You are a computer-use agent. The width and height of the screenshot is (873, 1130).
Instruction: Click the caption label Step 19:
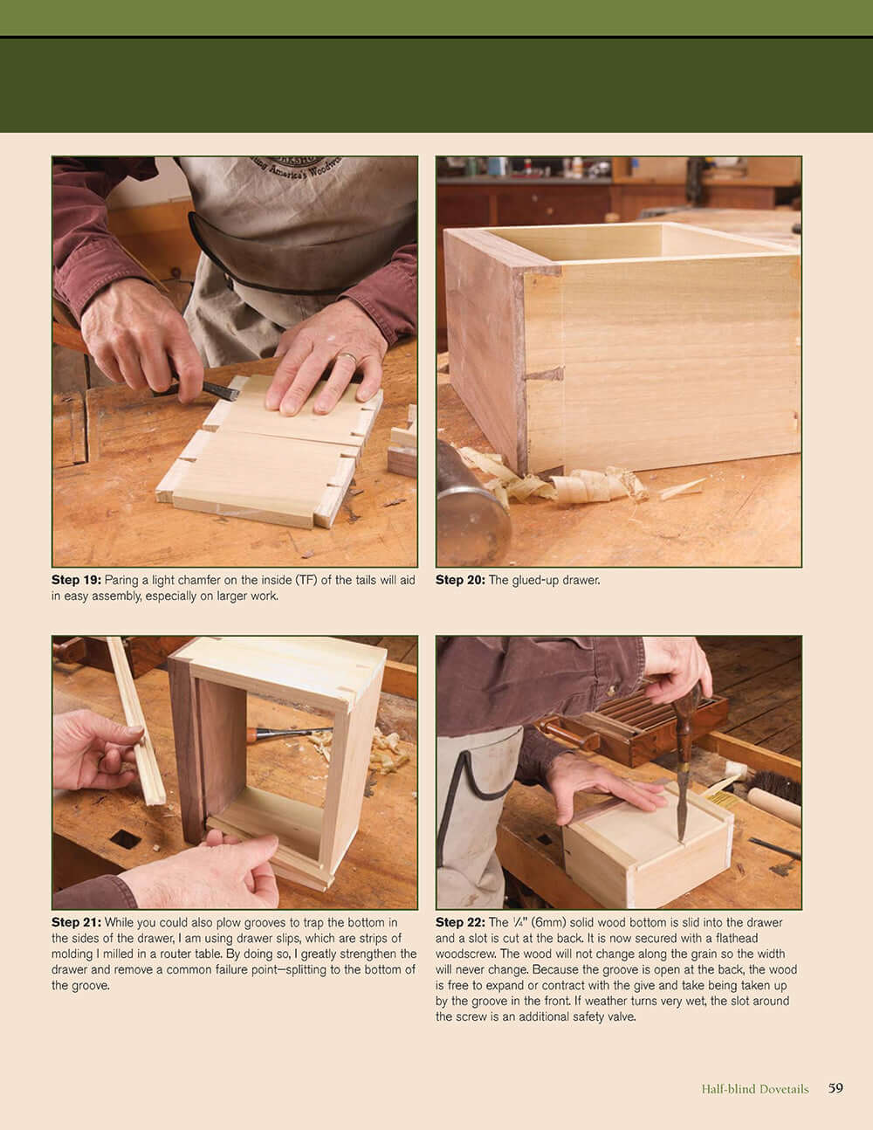(76, 580)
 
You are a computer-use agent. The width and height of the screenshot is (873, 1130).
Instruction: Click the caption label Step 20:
(460, 580)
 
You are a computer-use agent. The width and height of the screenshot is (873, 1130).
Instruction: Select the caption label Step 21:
(76, 922)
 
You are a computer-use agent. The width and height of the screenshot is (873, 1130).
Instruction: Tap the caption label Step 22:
(460, 922)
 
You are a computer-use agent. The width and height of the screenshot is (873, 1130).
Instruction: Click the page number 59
(835, 1088)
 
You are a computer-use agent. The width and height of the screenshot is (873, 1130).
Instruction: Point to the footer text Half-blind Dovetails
(754, 1089)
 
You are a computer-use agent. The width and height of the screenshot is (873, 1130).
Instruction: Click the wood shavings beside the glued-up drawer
(559, 485)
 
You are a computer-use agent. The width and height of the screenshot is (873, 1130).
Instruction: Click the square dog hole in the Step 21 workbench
(125, 839)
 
